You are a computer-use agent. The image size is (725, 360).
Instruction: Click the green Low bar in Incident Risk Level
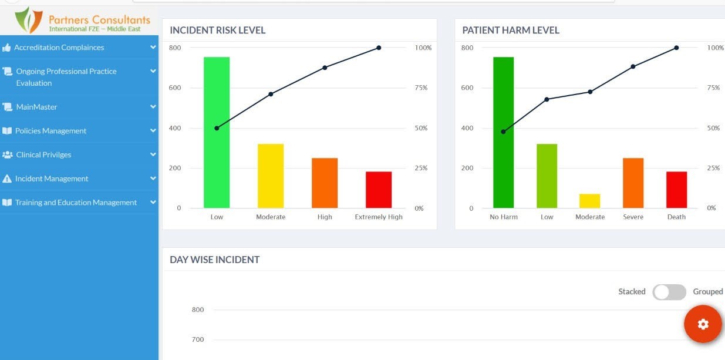(x=217, y=132)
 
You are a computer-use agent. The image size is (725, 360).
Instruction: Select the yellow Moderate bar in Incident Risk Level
(x=271, y=176)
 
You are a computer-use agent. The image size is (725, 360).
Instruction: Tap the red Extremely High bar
(x=379, y=189)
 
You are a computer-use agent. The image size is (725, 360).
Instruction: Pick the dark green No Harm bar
(x=503, y=132)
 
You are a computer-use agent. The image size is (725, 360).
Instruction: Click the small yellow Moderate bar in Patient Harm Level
(x=590, y=201)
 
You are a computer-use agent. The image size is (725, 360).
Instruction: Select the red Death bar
(x=676, y=189)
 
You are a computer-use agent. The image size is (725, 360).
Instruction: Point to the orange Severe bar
(x=633, y=183)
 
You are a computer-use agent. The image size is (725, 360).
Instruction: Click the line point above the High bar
(x=325, y=68)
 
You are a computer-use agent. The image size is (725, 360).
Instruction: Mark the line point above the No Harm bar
(x=503, y=132)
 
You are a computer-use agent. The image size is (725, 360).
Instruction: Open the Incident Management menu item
(x=52, y=179)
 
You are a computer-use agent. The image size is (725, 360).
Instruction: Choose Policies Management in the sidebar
(x=50, y=131)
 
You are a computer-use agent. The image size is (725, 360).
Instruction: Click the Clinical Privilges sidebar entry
(x=45, y=155)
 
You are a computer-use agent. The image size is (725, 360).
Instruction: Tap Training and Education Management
(x=76, y=203)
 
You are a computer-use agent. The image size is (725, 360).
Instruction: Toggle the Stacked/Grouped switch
(x=669, y=292)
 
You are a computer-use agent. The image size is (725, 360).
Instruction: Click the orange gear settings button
(x=703, y=324)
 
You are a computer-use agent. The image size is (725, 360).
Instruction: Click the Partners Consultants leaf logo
(x=29, y=20)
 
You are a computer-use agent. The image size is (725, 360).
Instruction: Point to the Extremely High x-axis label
(x=379, y=217)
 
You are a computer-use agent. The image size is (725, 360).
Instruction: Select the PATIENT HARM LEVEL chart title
(x=511, y=31)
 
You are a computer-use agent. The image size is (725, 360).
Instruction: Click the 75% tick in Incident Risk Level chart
(x=421, y=88)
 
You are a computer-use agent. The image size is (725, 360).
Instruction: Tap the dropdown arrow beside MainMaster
(x=153, y=107)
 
